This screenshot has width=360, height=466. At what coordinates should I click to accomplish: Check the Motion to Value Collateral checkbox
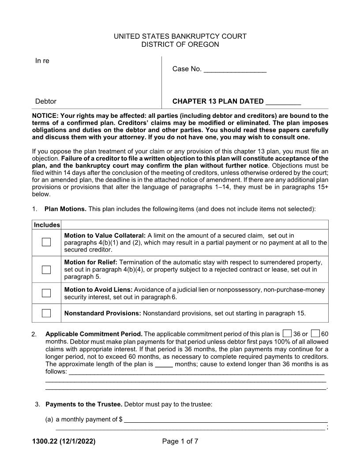pyautogui.click(x=46, y=242)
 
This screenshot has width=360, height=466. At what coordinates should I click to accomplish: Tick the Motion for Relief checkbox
pyautogui.click(x=46, y=270)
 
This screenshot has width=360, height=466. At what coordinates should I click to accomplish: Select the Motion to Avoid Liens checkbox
pyautogui.click(x=46, y=293)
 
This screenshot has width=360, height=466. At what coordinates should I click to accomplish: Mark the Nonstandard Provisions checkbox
pyautogui.click(x=46, y=313)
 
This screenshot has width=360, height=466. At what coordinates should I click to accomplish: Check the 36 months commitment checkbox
pyautogui.click(x=287, y=334)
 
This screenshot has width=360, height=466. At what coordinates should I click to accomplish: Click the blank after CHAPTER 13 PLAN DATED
pyautogui.click(x=283, y=102)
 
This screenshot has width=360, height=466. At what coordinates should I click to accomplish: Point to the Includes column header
pyautogui.click(x=47, y=225)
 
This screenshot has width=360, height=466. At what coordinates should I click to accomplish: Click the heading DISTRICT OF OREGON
pyautogui.click(x=180, y=45)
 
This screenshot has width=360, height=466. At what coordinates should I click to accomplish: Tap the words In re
pyautogui.click(x=42, y=61)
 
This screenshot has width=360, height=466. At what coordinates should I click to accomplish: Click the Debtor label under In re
pyautogui.click(x=46, y=101)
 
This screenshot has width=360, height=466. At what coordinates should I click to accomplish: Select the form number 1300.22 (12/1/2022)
pyautogui.click(x=64, y=441)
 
